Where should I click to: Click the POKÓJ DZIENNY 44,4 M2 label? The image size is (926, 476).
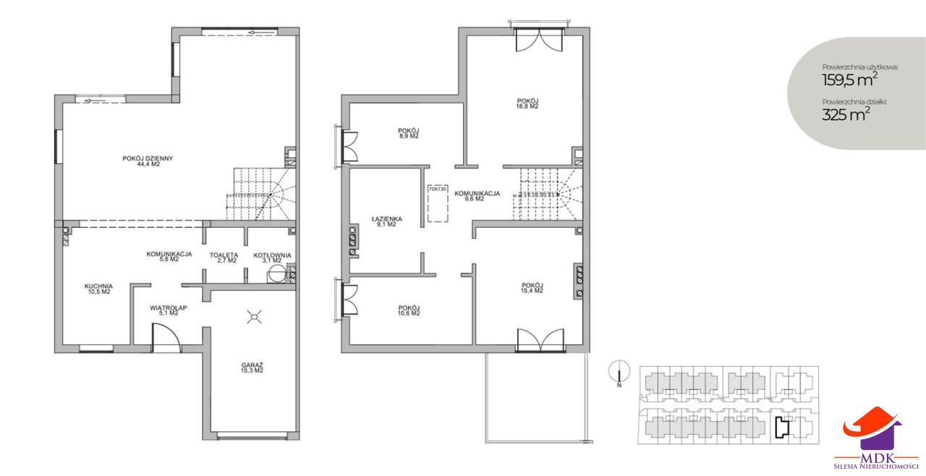coord(148,161)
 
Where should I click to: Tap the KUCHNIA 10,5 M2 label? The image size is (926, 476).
coord(98,289)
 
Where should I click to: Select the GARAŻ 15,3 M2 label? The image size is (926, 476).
coord(252,367)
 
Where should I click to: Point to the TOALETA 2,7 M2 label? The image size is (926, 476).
coord(224,258)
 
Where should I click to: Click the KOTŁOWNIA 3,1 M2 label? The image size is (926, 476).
coord(273,258)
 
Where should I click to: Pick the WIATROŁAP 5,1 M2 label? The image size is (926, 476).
coord(169,310)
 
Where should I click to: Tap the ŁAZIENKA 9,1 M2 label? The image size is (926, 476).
coord(386,222)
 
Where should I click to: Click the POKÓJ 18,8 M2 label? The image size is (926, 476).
coord(527,103)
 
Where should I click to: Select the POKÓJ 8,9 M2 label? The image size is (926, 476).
coord(409,133)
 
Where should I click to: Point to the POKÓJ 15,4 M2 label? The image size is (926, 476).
coord(532,288)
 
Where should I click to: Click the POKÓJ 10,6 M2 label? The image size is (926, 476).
coord(409,310)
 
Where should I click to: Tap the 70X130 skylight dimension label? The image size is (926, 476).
coord(438,189)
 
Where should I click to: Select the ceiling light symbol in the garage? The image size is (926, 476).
coord(254,317)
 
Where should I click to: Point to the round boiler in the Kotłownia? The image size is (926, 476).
coord(276,273)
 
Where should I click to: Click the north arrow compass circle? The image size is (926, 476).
coord(619,371)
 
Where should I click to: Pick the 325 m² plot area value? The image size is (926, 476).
coord(846,114)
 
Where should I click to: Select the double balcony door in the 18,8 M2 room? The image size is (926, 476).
coord(539,40)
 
